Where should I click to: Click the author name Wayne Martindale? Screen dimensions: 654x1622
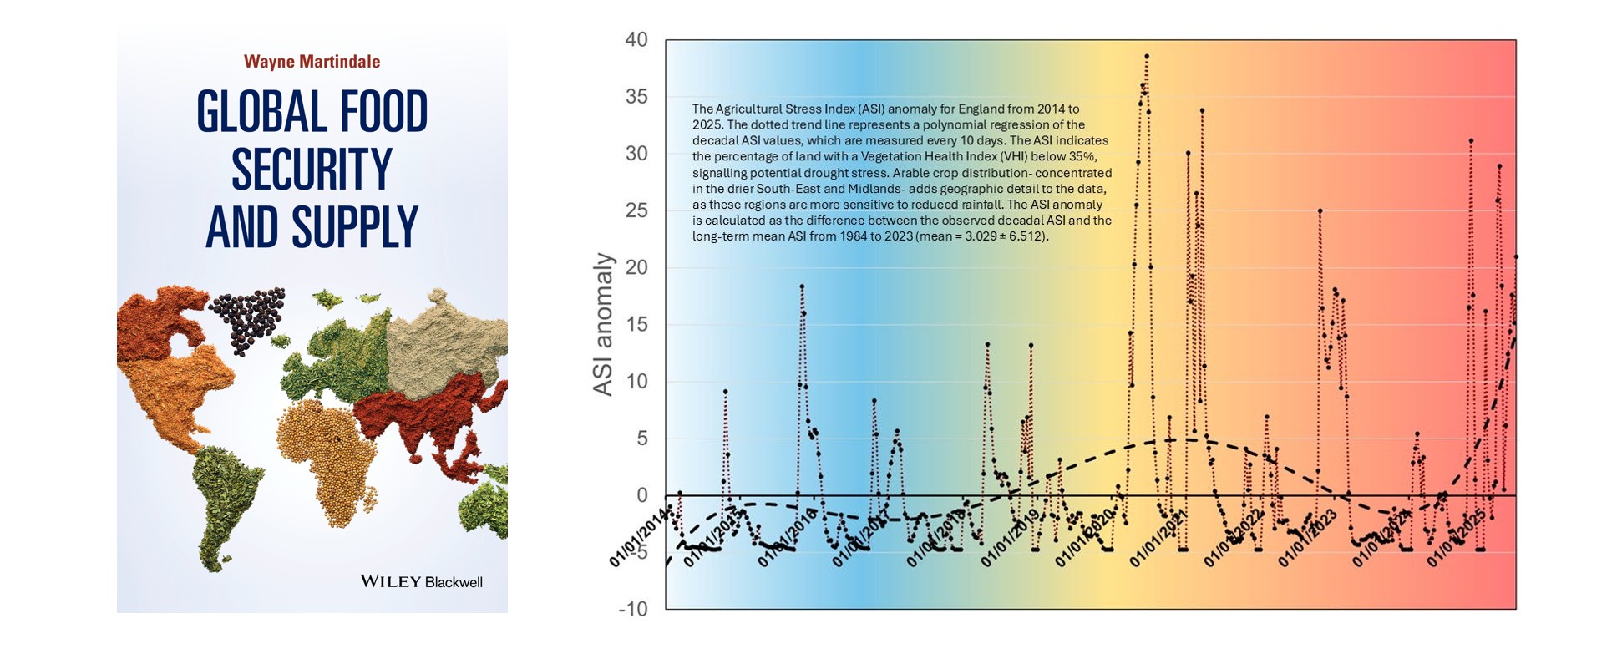312,62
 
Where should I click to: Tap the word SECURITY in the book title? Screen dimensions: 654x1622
312,170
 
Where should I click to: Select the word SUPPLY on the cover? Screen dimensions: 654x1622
354,227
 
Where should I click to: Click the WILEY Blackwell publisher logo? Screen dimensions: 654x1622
421,581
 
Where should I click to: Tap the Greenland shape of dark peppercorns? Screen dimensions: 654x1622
247,317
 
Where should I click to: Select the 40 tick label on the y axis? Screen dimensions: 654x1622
636,40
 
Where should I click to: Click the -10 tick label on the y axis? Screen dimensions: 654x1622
632,609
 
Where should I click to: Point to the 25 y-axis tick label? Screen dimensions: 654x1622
636,210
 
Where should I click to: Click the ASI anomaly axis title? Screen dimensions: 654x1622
602,324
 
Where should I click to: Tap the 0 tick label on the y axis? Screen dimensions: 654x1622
641,495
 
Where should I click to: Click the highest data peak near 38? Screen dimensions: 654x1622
1147,56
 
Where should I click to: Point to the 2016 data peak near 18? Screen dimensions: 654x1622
802,286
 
